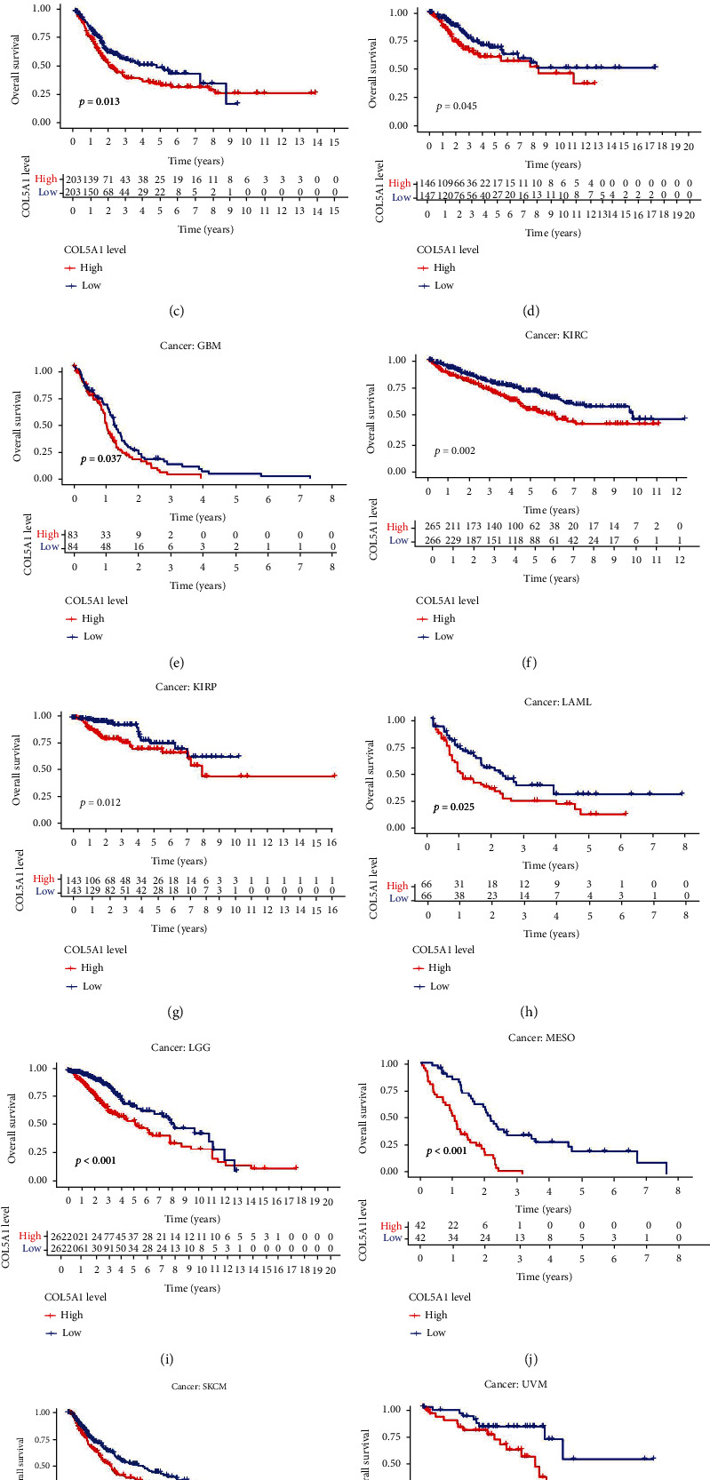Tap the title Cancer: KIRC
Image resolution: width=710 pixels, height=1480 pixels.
556,335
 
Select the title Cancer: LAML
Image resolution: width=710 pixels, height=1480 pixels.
557,702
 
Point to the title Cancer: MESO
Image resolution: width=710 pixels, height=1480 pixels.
542,1038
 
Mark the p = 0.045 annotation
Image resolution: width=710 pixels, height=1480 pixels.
457,107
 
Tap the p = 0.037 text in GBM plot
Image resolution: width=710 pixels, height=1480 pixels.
100,459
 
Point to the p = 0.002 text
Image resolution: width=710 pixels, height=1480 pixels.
455,451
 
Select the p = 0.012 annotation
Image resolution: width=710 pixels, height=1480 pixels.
100,803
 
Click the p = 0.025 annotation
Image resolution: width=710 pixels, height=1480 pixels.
454,808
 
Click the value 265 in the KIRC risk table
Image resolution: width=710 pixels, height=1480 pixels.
434,527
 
